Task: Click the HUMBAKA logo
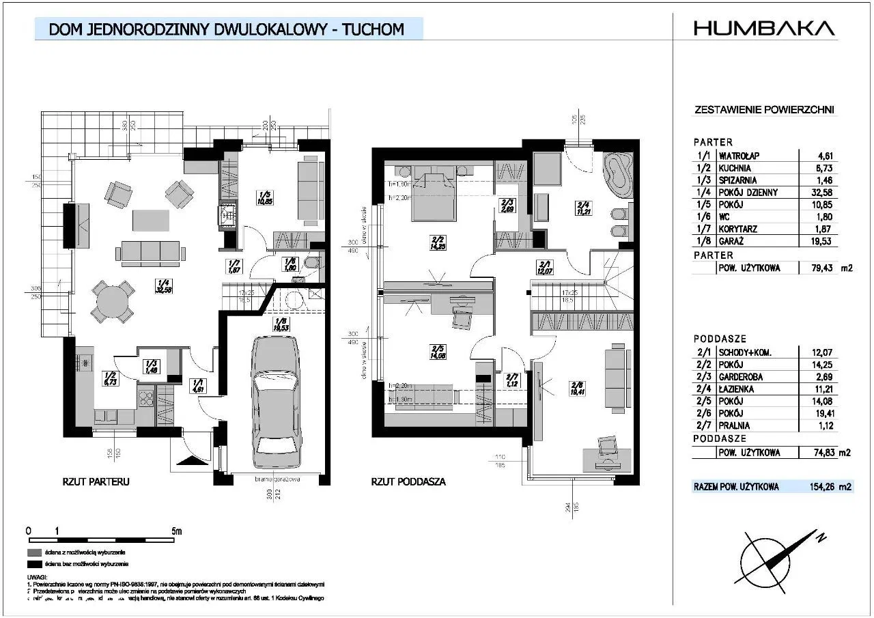[x=764, y=28]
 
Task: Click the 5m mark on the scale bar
[x=176, y=530]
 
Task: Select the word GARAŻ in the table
[x=733, y=242]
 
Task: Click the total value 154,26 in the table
[x=820, y=487]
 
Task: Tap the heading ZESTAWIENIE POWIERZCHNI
[x=763, y=109]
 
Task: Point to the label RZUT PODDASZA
[x=408, y=481]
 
